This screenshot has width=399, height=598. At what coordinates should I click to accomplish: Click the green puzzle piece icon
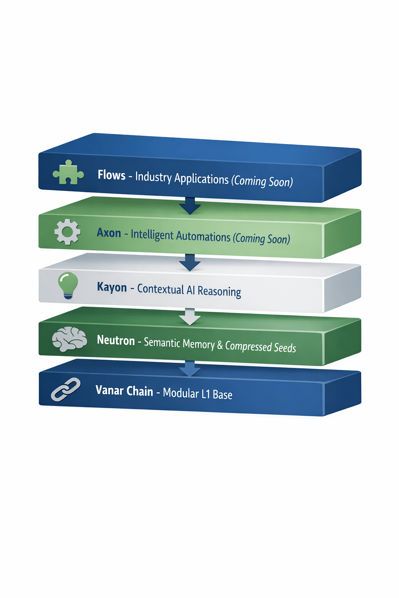[68, 172]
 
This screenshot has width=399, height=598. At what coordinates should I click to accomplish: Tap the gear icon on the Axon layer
[67, 232]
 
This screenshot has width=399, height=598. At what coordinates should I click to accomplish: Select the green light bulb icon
[68, 285]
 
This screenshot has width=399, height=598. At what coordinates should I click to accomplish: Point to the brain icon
[69, 339]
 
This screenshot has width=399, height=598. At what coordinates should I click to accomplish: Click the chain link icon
[65, 389]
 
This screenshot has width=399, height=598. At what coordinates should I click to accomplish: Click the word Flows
[111, 175]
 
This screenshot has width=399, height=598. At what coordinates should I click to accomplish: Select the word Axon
[109, 233]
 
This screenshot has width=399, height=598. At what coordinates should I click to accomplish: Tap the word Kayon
[112, 287]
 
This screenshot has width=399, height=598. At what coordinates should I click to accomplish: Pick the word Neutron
[116, 340]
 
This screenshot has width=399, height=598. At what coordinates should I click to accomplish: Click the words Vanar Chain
[124, 390]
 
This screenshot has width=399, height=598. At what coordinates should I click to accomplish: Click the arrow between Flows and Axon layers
[190, 206]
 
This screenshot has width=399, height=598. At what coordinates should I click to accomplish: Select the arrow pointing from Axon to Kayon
[190, 262]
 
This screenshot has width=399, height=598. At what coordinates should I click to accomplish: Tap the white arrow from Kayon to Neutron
[190, 316]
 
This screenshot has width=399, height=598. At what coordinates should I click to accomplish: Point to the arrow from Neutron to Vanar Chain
[190, 368]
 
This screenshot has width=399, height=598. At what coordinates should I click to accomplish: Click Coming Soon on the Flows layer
[262, 181]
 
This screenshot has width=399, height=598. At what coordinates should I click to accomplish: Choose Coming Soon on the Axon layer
[261, 238]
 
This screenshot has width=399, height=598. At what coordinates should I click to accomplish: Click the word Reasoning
[219, 291]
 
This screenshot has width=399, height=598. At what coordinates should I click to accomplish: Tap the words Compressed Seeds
[260, 346]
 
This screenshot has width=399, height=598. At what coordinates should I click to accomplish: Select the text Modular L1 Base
[198, 394]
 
